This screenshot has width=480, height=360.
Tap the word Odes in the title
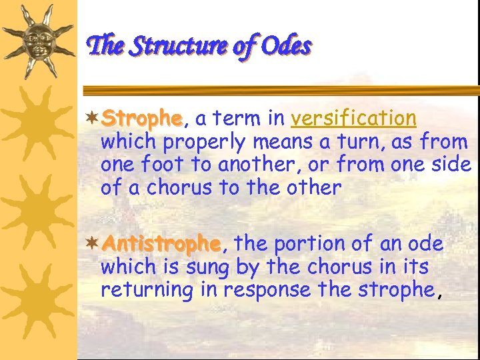286,47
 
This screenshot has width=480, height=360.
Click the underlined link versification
354,119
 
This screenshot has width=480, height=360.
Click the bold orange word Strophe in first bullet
141,119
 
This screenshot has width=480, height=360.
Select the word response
267,290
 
